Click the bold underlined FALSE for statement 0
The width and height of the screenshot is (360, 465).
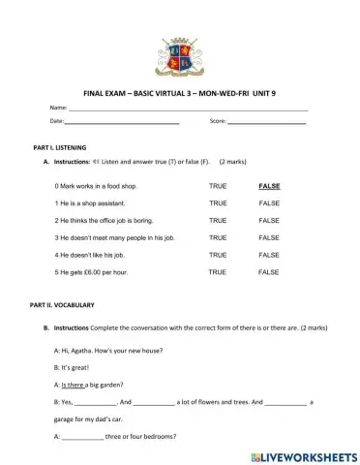coord(270,185)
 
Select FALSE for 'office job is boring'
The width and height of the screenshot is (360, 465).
coord(270,220)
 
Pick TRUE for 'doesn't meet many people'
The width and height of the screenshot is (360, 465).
coord(219,237)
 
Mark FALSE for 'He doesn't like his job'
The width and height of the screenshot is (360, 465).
coord(270,255)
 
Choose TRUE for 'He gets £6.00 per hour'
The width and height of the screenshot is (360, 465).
coord(219,272)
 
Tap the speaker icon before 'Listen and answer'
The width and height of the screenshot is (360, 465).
coord(97,161)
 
